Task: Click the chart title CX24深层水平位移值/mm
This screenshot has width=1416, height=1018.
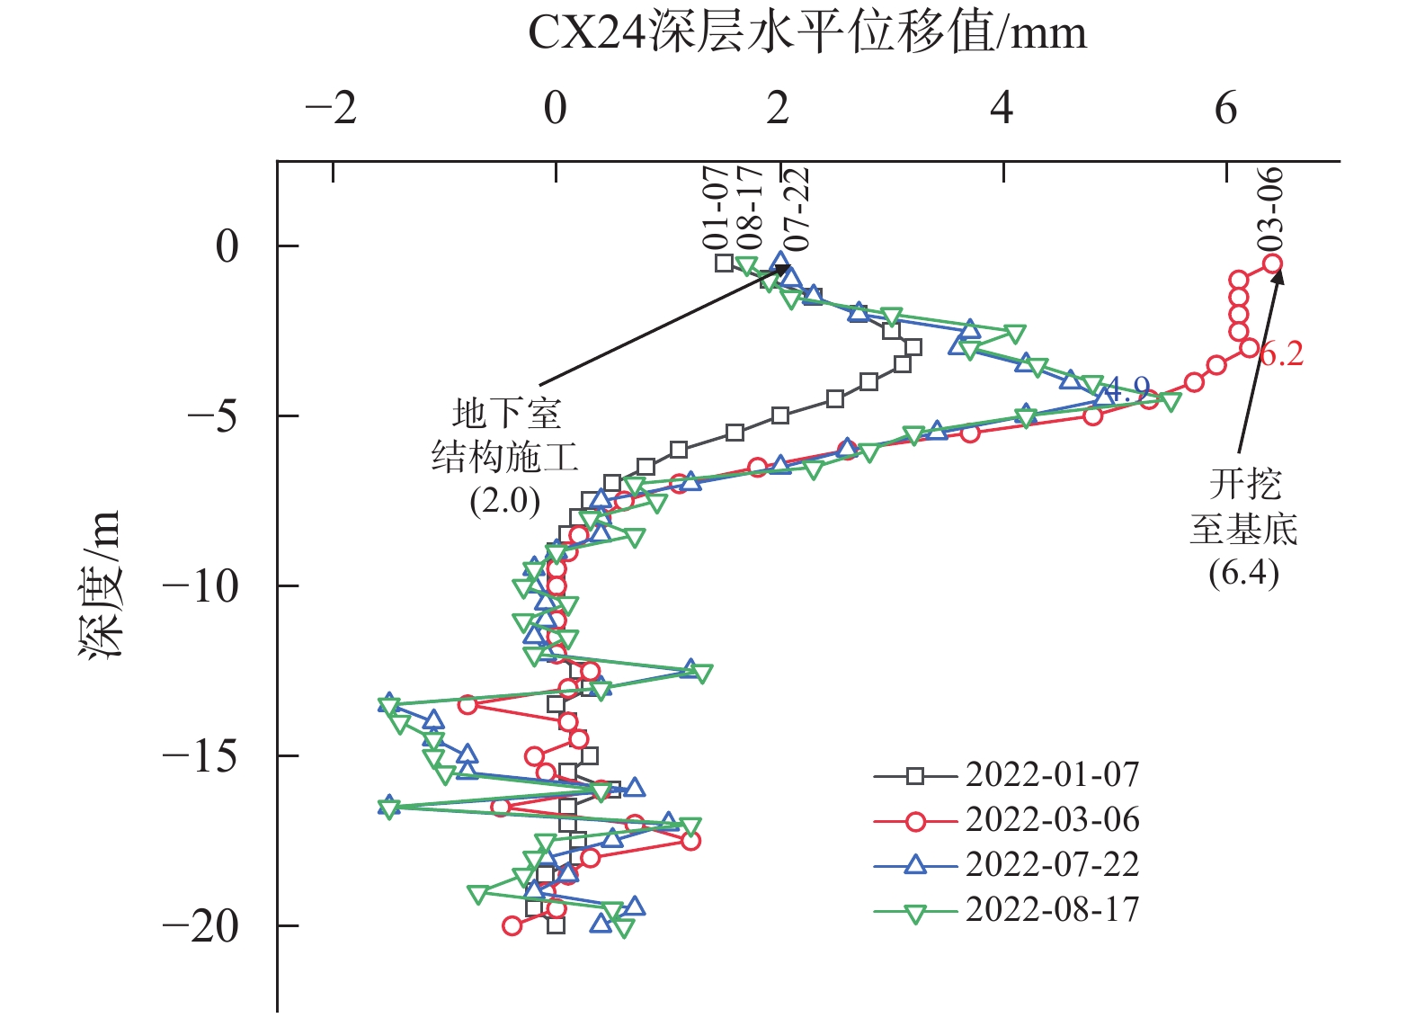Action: (806, 34)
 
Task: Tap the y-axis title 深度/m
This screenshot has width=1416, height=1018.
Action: (100, 585)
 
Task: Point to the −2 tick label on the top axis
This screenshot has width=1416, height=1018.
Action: (331, 110)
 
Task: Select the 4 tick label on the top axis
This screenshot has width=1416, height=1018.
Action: (1002, 110)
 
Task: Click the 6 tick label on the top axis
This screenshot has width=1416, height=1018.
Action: (1225, 110)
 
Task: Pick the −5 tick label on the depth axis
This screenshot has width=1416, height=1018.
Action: (213, 416)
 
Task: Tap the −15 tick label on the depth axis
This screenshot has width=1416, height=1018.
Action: (200, 756)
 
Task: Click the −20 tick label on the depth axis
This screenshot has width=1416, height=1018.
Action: (200, 926)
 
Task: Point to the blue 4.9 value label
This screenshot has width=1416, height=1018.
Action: (1127, 388)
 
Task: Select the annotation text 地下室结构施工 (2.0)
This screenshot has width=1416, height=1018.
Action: (505, 457)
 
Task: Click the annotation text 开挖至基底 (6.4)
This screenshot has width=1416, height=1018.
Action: (1244, 529)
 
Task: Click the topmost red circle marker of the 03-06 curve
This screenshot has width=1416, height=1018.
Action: (1272, 263)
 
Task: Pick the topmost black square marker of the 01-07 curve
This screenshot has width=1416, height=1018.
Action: (724, 263)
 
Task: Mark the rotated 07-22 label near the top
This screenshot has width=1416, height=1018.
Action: (797, 209)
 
